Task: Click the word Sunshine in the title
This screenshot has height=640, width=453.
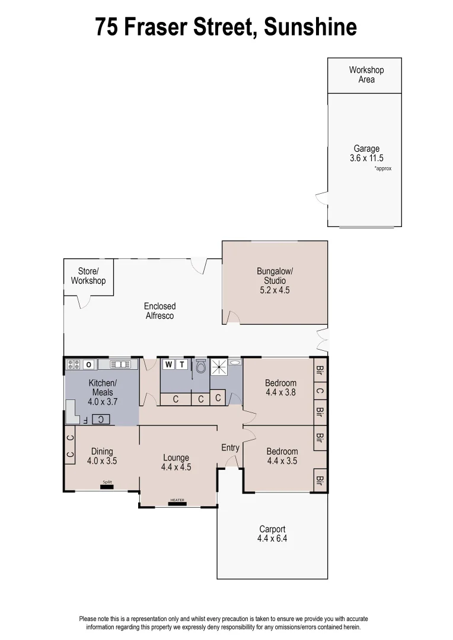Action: (310, 27)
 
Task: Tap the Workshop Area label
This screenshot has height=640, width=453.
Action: (366, 75)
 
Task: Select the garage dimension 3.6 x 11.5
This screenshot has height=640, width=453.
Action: (366, 159)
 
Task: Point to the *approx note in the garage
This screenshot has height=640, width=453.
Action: (382, 169)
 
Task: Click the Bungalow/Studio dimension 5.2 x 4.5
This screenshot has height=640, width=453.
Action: (275, 290)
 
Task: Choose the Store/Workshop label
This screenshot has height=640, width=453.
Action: (88, 276)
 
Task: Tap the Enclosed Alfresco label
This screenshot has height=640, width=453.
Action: (159, 311)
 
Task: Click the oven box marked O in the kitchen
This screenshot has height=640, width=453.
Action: (89, 364)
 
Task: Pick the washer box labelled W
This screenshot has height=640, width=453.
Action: (169, 364)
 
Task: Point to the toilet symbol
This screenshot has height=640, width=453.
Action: (200, 367)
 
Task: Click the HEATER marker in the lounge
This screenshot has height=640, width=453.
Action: (177, 501)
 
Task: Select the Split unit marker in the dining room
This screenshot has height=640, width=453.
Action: (107, 483)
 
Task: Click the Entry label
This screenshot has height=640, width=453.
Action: (230, 447)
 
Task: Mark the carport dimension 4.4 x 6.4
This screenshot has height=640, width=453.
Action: (272, 539)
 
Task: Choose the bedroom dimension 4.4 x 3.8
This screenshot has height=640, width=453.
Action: (280, 392)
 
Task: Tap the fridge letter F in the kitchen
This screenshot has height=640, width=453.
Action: (85, 420)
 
